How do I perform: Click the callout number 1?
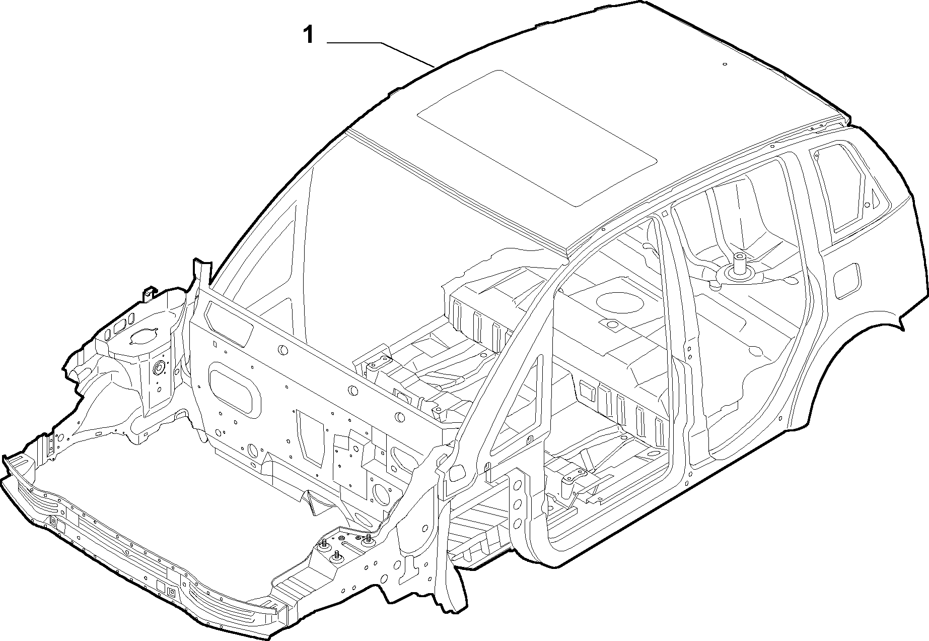[309, 36]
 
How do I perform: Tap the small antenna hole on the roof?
[725, 65]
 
